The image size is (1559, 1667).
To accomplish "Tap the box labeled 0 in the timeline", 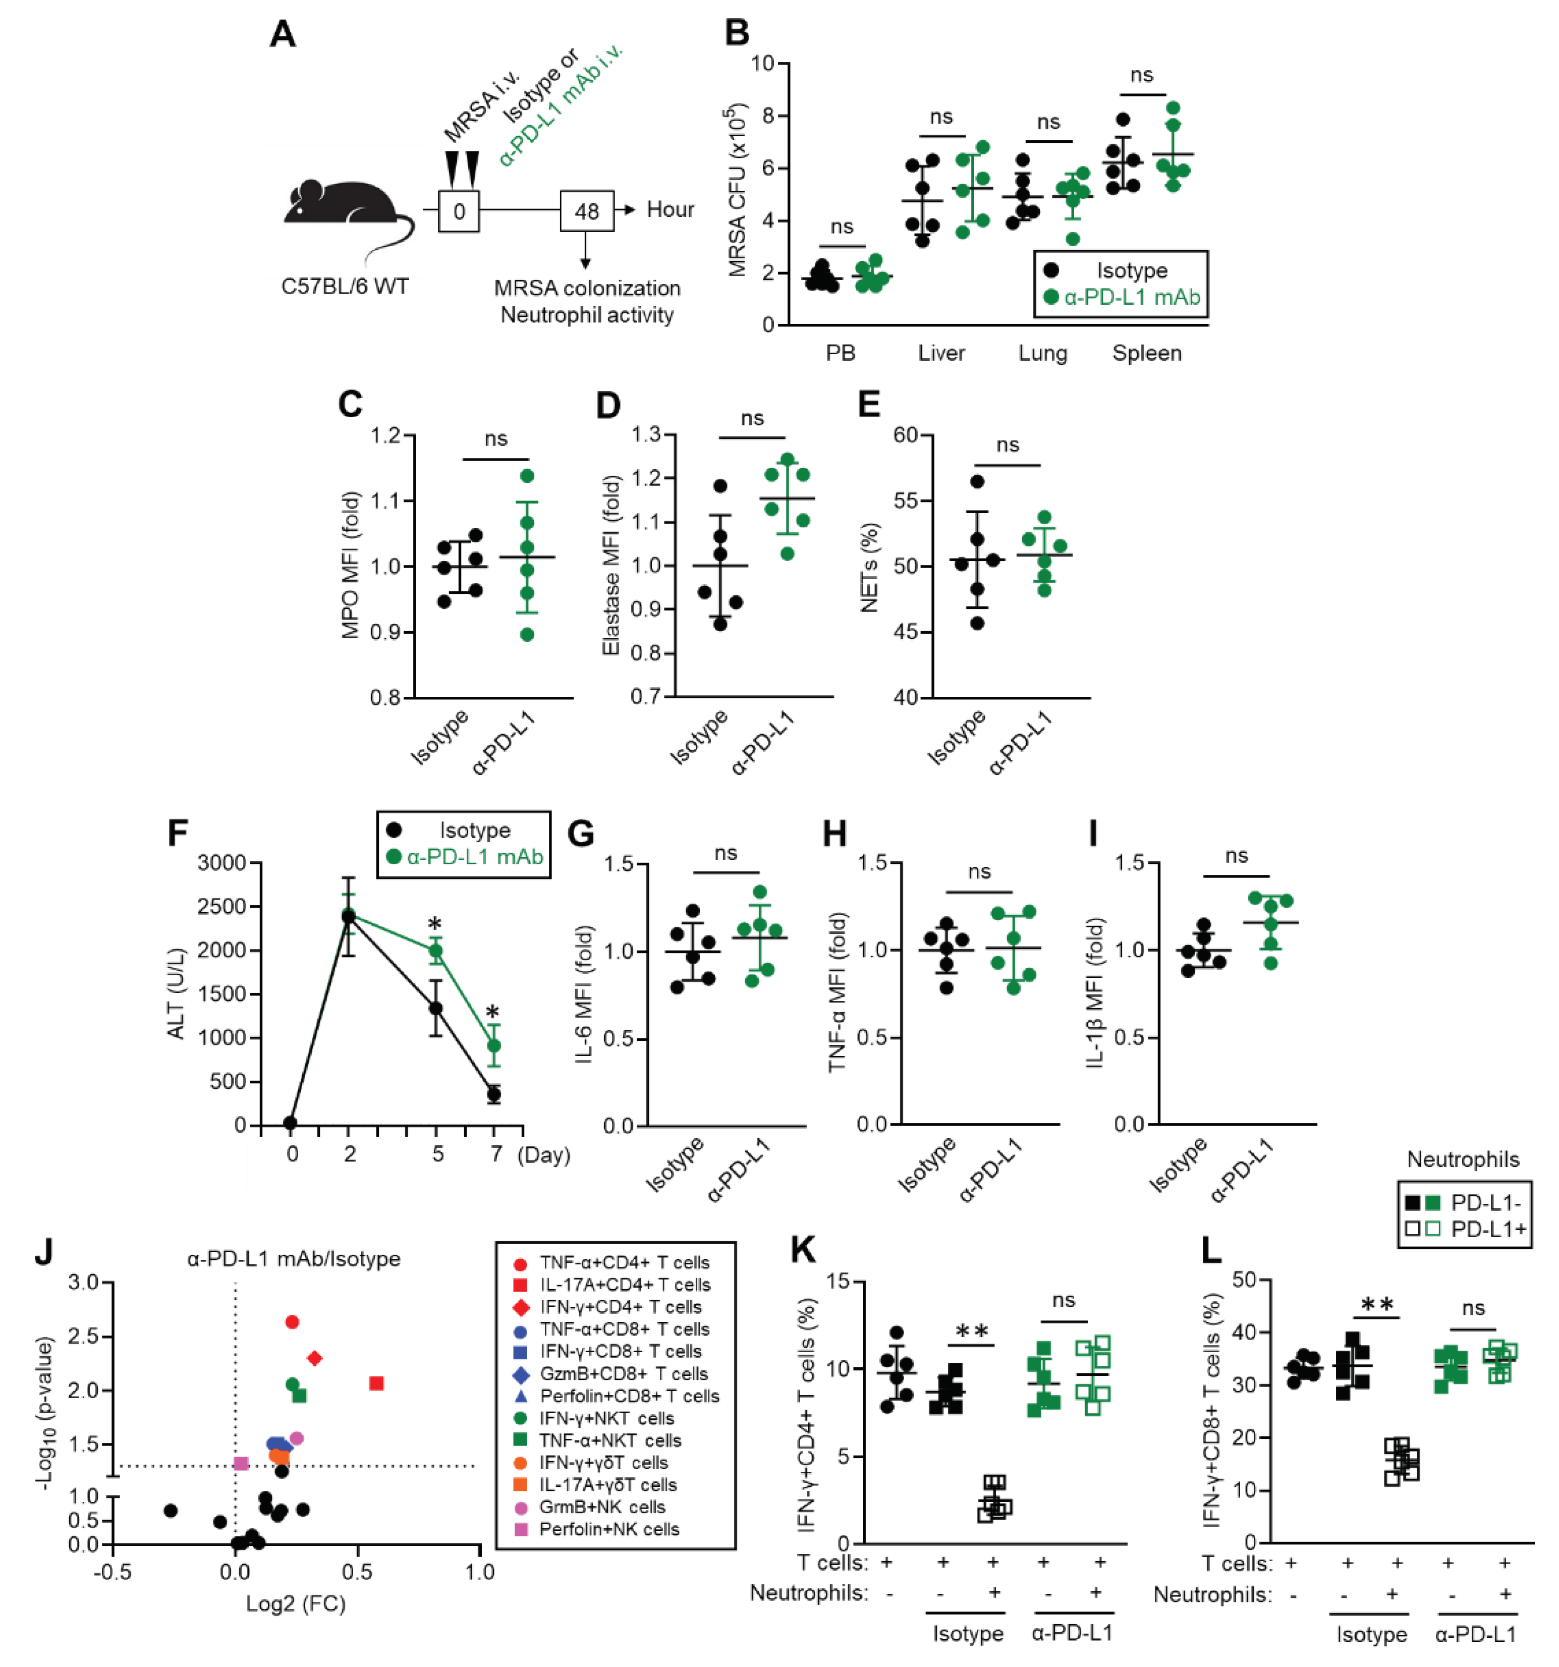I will tap(459, 210).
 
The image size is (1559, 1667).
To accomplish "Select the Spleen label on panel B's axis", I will tap(1146, 353).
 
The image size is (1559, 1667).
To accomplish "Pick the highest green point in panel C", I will tap(527, 476).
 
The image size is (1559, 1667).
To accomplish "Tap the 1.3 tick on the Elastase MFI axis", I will tap(646, 434).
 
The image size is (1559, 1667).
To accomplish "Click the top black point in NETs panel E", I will tap(977, 481).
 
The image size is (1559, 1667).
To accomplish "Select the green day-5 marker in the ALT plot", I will tap(436, 951).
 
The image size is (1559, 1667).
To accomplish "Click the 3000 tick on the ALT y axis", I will tap(221, 863).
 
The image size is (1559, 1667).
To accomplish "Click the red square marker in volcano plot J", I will tap(376, 1383).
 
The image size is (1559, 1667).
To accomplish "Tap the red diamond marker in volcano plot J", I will tap(314, 1358).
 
